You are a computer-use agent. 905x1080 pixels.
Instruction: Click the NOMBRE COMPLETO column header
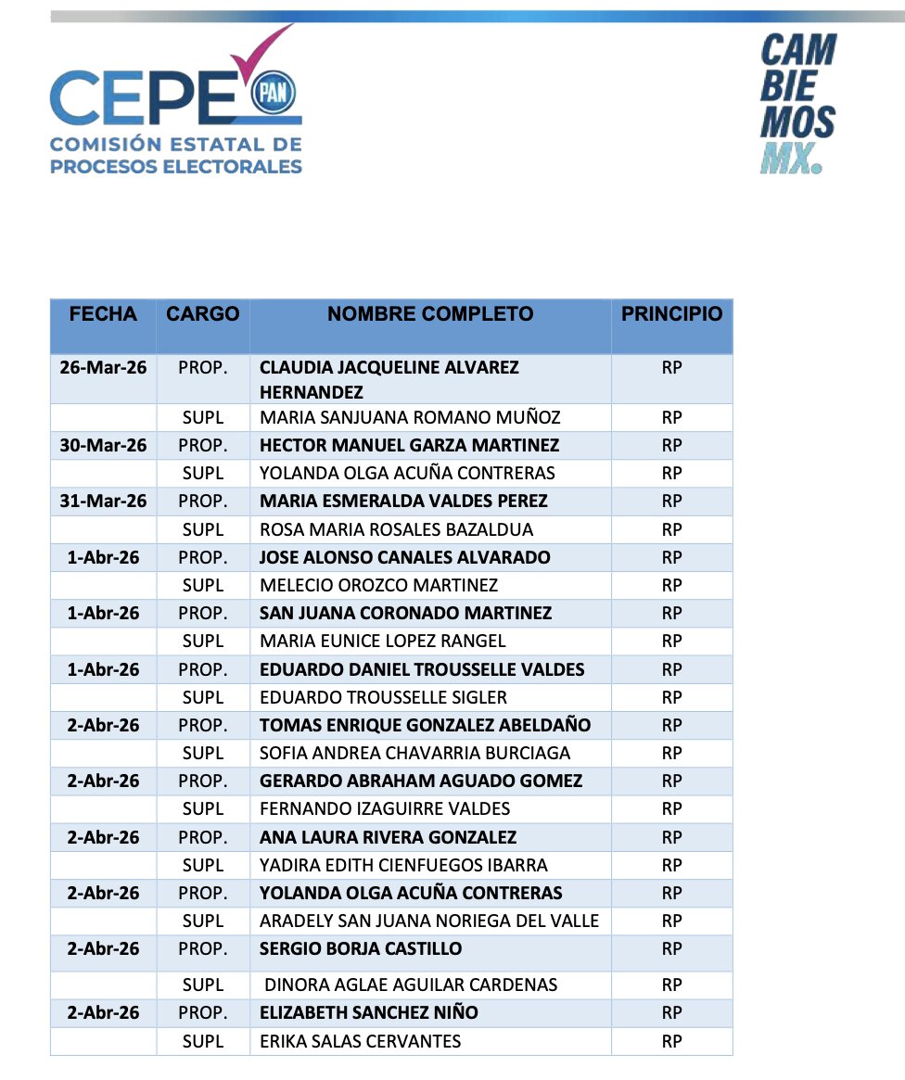coord(430,314)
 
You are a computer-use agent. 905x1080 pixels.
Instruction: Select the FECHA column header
coord(103,314)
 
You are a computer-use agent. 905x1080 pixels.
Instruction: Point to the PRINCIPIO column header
coord(671,314)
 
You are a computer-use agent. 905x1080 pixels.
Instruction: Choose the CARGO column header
coord(202,314)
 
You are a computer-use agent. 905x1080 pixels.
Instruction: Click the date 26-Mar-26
coord(103,368)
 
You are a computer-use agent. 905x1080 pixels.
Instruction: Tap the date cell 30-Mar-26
coord(103,446)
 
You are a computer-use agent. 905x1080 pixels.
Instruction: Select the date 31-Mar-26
coord(103,502)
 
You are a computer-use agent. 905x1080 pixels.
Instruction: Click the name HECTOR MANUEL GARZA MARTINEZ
coord(409,446)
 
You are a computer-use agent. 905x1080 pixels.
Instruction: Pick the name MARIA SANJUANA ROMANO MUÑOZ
coord(410,418)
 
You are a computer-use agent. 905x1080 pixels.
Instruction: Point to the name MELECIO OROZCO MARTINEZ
coord(378,586)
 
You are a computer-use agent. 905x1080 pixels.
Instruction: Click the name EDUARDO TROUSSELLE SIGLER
coord(383,697)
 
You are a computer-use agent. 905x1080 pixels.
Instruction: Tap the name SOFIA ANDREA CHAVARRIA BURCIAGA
coord(414,753)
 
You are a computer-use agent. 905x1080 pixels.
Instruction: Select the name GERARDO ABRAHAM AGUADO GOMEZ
coord(421,781)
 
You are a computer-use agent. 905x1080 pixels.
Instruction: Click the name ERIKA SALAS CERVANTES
coord(360,1041)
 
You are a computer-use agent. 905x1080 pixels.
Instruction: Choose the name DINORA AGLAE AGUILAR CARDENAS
coord(411,985)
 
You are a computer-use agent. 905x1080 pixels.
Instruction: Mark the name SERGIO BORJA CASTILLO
coord(361,949)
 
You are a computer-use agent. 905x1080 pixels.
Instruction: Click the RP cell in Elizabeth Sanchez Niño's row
coord(671,1013)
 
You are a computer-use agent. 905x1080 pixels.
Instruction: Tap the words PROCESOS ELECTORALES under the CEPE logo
coord(176,167)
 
